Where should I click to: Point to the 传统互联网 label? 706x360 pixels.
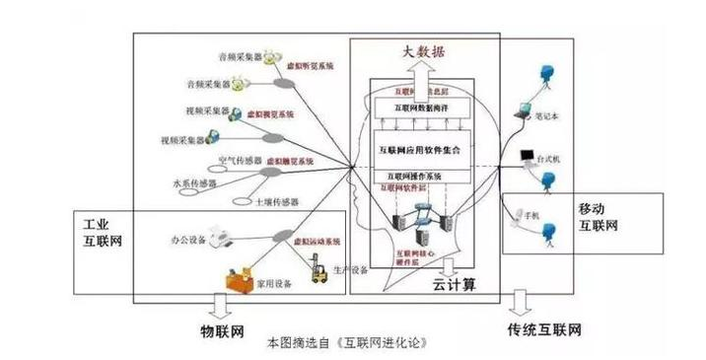pos(543,326)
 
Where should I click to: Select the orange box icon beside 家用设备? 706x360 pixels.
pos(239,279)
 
